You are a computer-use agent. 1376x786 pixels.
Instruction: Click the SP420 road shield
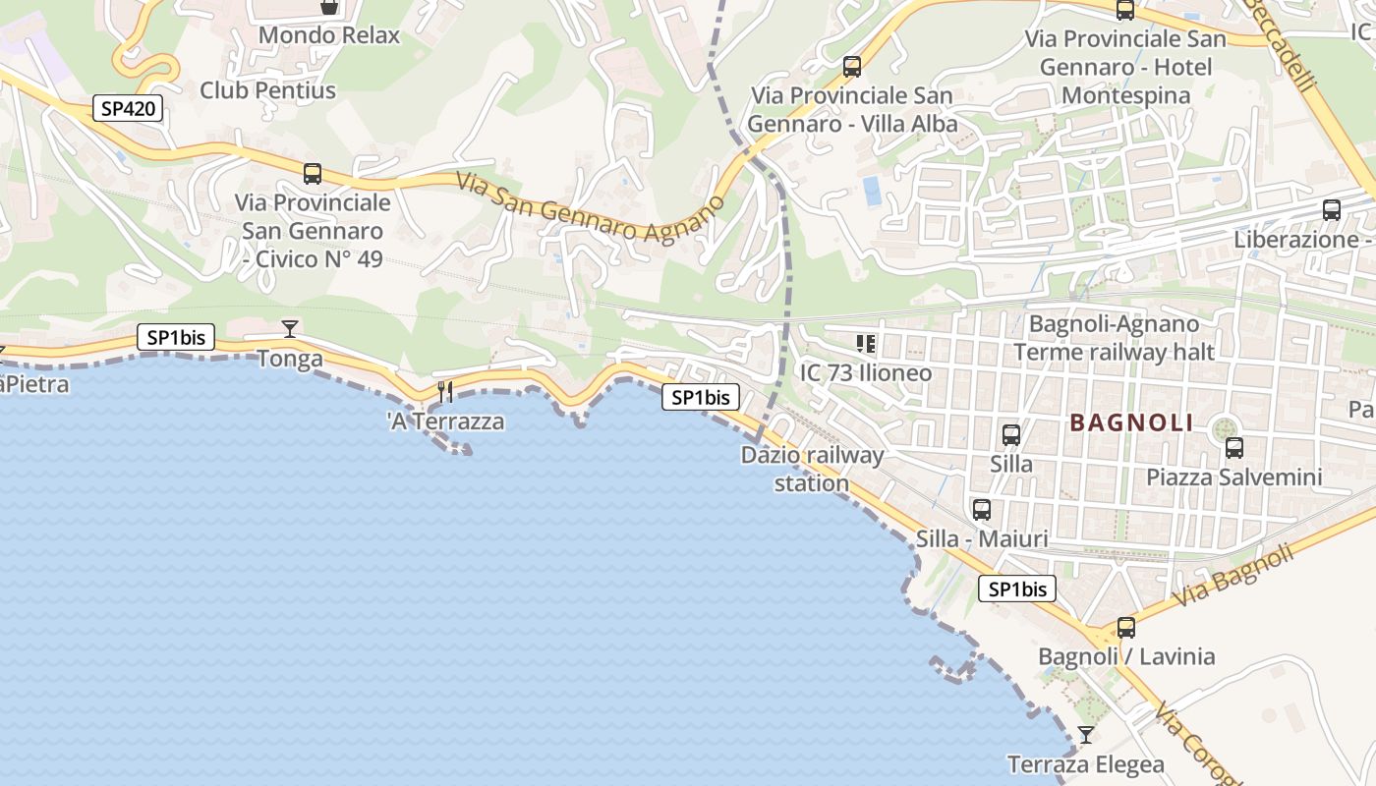click(x=128, y=108)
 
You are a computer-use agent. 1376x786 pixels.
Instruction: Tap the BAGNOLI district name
click(x=1131, y=423)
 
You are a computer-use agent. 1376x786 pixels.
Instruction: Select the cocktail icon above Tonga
click(x=289, y=328)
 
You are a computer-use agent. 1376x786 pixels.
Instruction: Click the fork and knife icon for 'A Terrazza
click(x=445, y=392)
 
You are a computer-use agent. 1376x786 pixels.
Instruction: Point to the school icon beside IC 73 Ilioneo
click(x=866, y=343)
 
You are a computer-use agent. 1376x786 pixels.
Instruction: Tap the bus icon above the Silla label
click(x=1010, y=434)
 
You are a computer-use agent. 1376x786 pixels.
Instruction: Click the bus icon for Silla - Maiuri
click(x=981, y=509)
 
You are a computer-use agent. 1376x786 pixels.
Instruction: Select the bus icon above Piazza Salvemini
click(x=1234, y=447)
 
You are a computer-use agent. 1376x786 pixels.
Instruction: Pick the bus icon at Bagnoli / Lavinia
click(x=1126, y=627)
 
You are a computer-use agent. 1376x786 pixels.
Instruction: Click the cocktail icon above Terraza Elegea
click(x=1085, y=734)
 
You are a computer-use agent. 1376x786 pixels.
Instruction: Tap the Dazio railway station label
click(x=812, y=469)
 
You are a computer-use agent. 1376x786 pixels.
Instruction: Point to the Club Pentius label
click(x=267, y=90)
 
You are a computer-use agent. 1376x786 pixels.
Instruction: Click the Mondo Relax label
click(x=329, y=35)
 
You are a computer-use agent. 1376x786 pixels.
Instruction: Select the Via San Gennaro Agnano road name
click(x=590, y=207)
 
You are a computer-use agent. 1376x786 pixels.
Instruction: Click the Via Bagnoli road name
click(x=1233, y=575)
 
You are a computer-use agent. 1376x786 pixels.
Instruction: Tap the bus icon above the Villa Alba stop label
click(x=852, y=67)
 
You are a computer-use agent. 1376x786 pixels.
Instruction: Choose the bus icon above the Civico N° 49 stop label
click(x=313, y=174)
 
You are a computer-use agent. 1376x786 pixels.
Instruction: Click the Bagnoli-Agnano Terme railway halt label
click(x=1114, y=337)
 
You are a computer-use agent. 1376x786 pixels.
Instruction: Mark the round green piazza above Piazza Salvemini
click(x=1225, y=428)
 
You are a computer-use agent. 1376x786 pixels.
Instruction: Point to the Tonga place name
click(x=290, y=359)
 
